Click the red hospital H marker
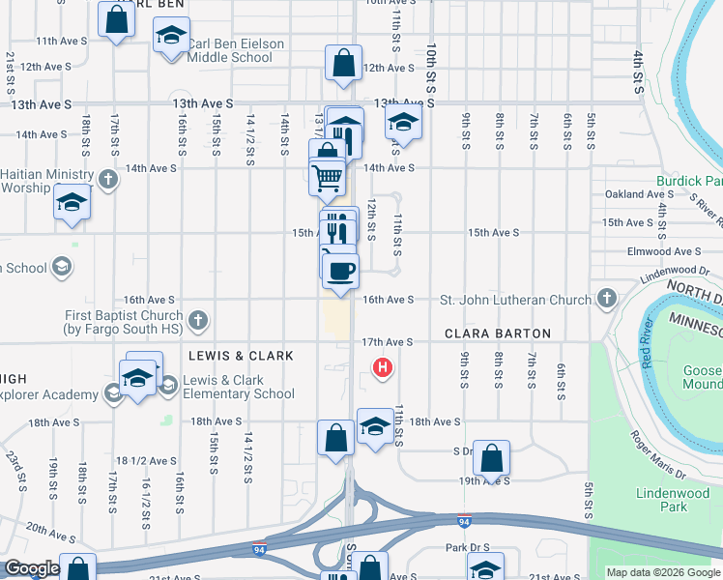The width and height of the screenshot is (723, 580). click(x=383, y=367)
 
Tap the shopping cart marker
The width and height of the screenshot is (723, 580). click(x=328, y=177)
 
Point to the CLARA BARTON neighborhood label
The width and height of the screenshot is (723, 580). click(x=497, y=333)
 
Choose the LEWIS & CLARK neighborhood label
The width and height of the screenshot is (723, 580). click(x=241, y=356)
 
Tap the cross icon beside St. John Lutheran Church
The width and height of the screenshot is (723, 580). click(x=607, y=299)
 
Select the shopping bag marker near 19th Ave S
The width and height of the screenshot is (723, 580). click(x=491, y=457)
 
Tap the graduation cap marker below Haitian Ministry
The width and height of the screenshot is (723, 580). click(x=71, y=204)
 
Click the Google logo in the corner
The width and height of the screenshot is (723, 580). click(x=32, y=568)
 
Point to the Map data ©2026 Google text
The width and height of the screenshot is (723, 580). click(x=663, y=572)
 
